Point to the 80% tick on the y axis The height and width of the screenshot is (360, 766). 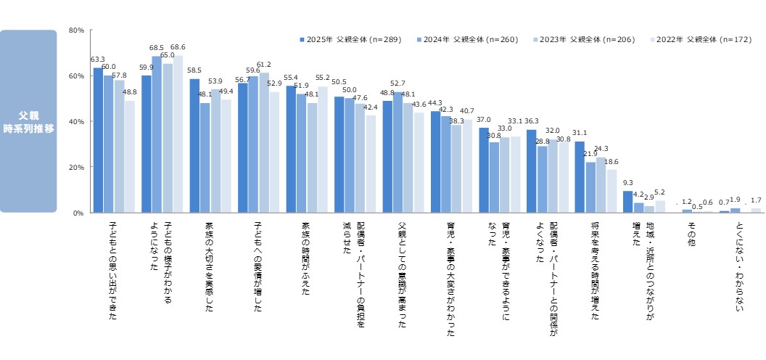(76, 30)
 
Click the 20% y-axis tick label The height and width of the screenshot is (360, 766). (76, 167)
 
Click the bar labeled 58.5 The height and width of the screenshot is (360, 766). (194, 145)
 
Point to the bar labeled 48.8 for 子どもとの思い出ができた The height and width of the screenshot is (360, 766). (129, 157)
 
